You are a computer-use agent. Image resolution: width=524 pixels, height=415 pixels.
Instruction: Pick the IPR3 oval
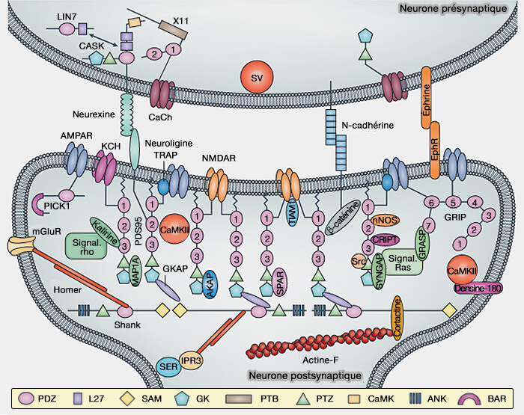[192, 360]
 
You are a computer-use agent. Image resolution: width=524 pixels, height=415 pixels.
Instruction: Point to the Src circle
[360, 262]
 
